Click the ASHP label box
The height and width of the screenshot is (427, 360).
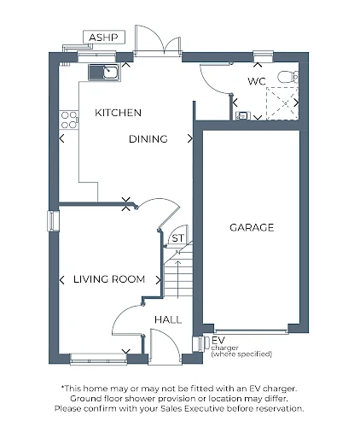(x=104, y=37)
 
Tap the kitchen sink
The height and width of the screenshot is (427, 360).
(x=104, y=73)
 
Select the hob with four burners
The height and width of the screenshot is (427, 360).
(x=69, y=120)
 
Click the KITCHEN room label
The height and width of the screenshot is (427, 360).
(x=118, y=113)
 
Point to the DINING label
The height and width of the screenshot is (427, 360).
(x=148, y=139)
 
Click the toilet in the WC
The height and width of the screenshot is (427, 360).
(x=288, y=77)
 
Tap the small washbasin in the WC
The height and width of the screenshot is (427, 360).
(x=243, y=115)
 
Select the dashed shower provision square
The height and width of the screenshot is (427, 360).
(x=282, y=103)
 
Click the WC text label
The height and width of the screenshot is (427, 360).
(x=257, y=81)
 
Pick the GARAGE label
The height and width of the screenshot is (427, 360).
(x=252, y=227)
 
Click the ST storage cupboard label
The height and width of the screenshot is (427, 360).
(x=178, y=238)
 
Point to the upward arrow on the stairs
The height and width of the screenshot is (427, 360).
(x=178, y=279)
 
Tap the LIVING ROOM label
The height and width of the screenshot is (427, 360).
(x=109, y=279)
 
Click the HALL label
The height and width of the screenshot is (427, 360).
(x=168, y=319)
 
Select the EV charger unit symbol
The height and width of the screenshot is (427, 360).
(x=199, y=344)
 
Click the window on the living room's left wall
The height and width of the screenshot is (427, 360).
(x=53, y=221)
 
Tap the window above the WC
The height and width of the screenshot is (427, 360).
(x=263, y=56)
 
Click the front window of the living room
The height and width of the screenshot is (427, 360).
(x=98, y=359)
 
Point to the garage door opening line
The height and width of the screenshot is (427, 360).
(x=251, y=331)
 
